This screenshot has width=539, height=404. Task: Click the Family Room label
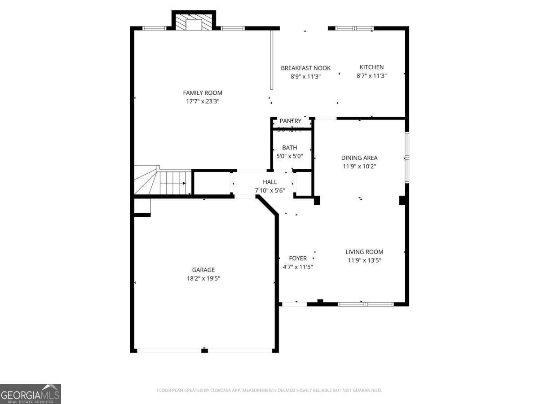coord(203,93)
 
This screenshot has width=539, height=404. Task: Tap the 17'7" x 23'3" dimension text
coord(203,101)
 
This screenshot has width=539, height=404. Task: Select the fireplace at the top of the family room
coord(194,23)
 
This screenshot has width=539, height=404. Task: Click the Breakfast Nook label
coord(305,68)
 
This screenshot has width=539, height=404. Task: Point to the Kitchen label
coord(371,67)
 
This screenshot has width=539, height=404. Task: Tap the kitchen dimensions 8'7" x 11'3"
coord(371,76)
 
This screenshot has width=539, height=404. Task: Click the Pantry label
coord(290,121)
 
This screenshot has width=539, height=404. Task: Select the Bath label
coord(290,148)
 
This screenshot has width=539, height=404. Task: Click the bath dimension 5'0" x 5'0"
coord(290,156)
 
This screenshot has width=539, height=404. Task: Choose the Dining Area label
coord(359,158)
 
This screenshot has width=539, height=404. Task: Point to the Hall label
coord(270,182)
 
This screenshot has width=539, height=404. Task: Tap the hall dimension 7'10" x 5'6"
coord(270,190)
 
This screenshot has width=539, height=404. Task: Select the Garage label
coord(203,270)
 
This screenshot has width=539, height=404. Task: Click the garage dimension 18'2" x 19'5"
coord(203,278)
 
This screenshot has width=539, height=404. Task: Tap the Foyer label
coord(298,258)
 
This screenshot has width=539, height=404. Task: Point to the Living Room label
coord(364,252)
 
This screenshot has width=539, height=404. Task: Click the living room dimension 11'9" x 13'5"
coord(364,260)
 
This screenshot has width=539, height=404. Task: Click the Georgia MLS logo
coord(31,394)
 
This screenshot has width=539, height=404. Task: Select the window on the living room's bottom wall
coord(366,304)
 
